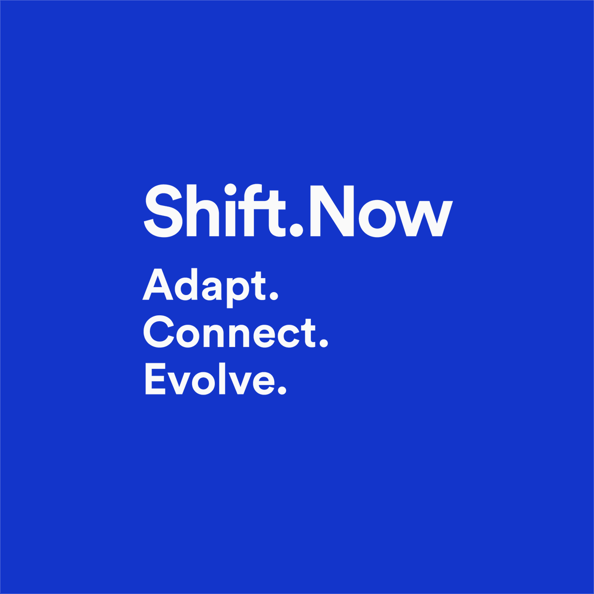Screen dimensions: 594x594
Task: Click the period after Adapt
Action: pyautogui.click(x=273, y=296)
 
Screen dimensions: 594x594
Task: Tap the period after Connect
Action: pyautogui.click(x=324, y=343)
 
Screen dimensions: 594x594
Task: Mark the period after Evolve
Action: pyautogui.click(x=282, y=390)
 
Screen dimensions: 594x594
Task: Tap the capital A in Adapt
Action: pyautogui.click(x=157, y=285)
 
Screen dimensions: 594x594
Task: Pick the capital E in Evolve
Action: pyautogui.click(x=154, y=379)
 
